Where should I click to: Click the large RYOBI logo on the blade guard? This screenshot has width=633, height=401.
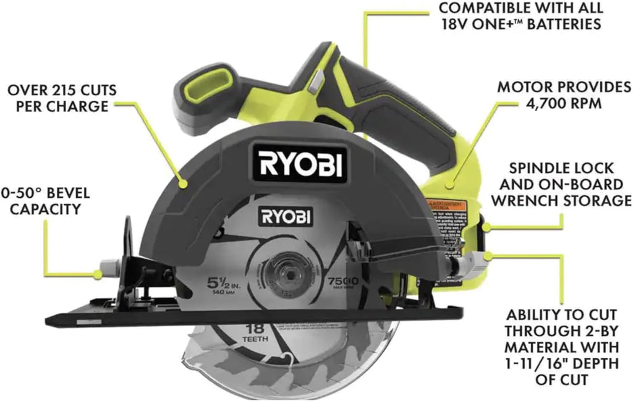click(298, 164)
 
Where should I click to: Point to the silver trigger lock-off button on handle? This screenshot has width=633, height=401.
click(317, 80)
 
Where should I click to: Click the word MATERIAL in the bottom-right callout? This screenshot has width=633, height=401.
click(536, 344)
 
